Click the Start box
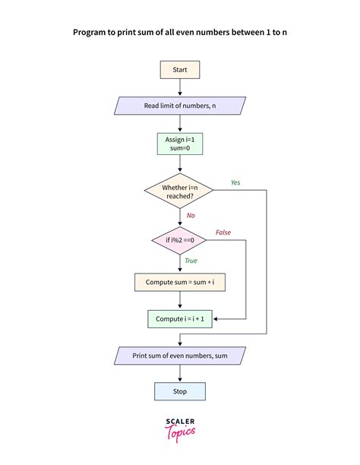[180, 70]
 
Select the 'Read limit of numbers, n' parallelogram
[180, 106]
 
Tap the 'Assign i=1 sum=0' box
[180, 145]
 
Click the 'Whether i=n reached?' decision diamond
[180, 191]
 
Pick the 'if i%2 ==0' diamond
[180, 240]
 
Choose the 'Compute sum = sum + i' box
[180, 282]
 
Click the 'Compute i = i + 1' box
[180, 318]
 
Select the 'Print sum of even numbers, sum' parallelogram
[180, 355]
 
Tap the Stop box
[180, 391]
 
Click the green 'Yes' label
[236, 182]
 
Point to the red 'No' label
[191, 215]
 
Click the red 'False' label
[223, 232]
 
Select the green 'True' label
[191, 261]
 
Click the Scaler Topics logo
[180, 428]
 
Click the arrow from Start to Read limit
[180, 87]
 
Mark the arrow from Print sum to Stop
[180, 373]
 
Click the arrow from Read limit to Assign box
[180, 124]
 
